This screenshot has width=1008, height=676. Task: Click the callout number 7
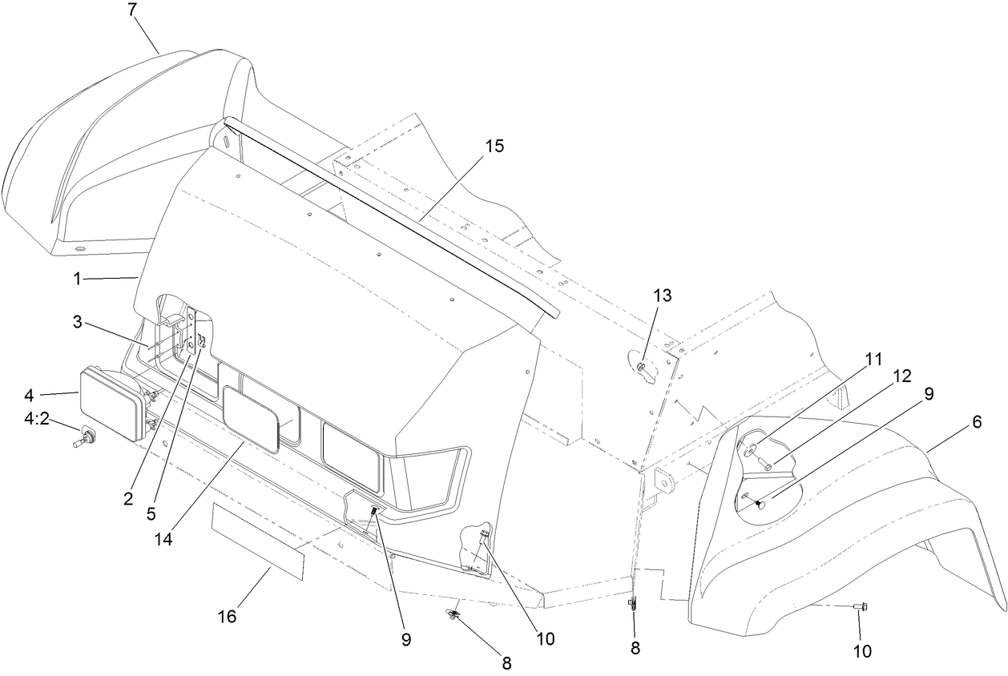coord(131,10)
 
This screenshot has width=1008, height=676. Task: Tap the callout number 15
coord(494,147)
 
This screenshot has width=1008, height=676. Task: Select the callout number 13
coord(662,296)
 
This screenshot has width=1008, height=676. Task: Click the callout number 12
coord(901,376)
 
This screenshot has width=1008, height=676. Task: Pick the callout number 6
coord(977,422)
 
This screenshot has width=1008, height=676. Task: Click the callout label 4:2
coord(37,419)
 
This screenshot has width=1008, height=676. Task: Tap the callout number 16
coord(227,617)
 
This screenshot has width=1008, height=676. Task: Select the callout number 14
coord(163,539)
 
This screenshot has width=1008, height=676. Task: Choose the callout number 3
coord(78,322)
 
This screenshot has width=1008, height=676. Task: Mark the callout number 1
coord(78,280)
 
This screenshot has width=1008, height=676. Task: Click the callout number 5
coord(151,514)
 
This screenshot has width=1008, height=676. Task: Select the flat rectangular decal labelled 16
coord(258,541)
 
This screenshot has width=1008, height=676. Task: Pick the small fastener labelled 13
coord(643,367)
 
